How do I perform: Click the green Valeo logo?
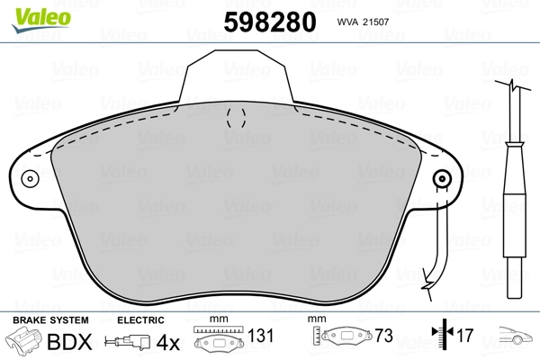[41, 20]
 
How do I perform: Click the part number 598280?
[270, 22]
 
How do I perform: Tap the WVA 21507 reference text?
[363, 22]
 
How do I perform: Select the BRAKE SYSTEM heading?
[50, 320]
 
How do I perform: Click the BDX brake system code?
[69, 342]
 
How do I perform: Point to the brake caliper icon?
[23, 339]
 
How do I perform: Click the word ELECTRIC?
[140, 320]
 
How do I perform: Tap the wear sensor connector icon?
[128, 342]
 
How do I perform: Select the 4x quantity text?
[168, 342]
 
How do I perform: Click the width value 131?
[261, 336]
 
